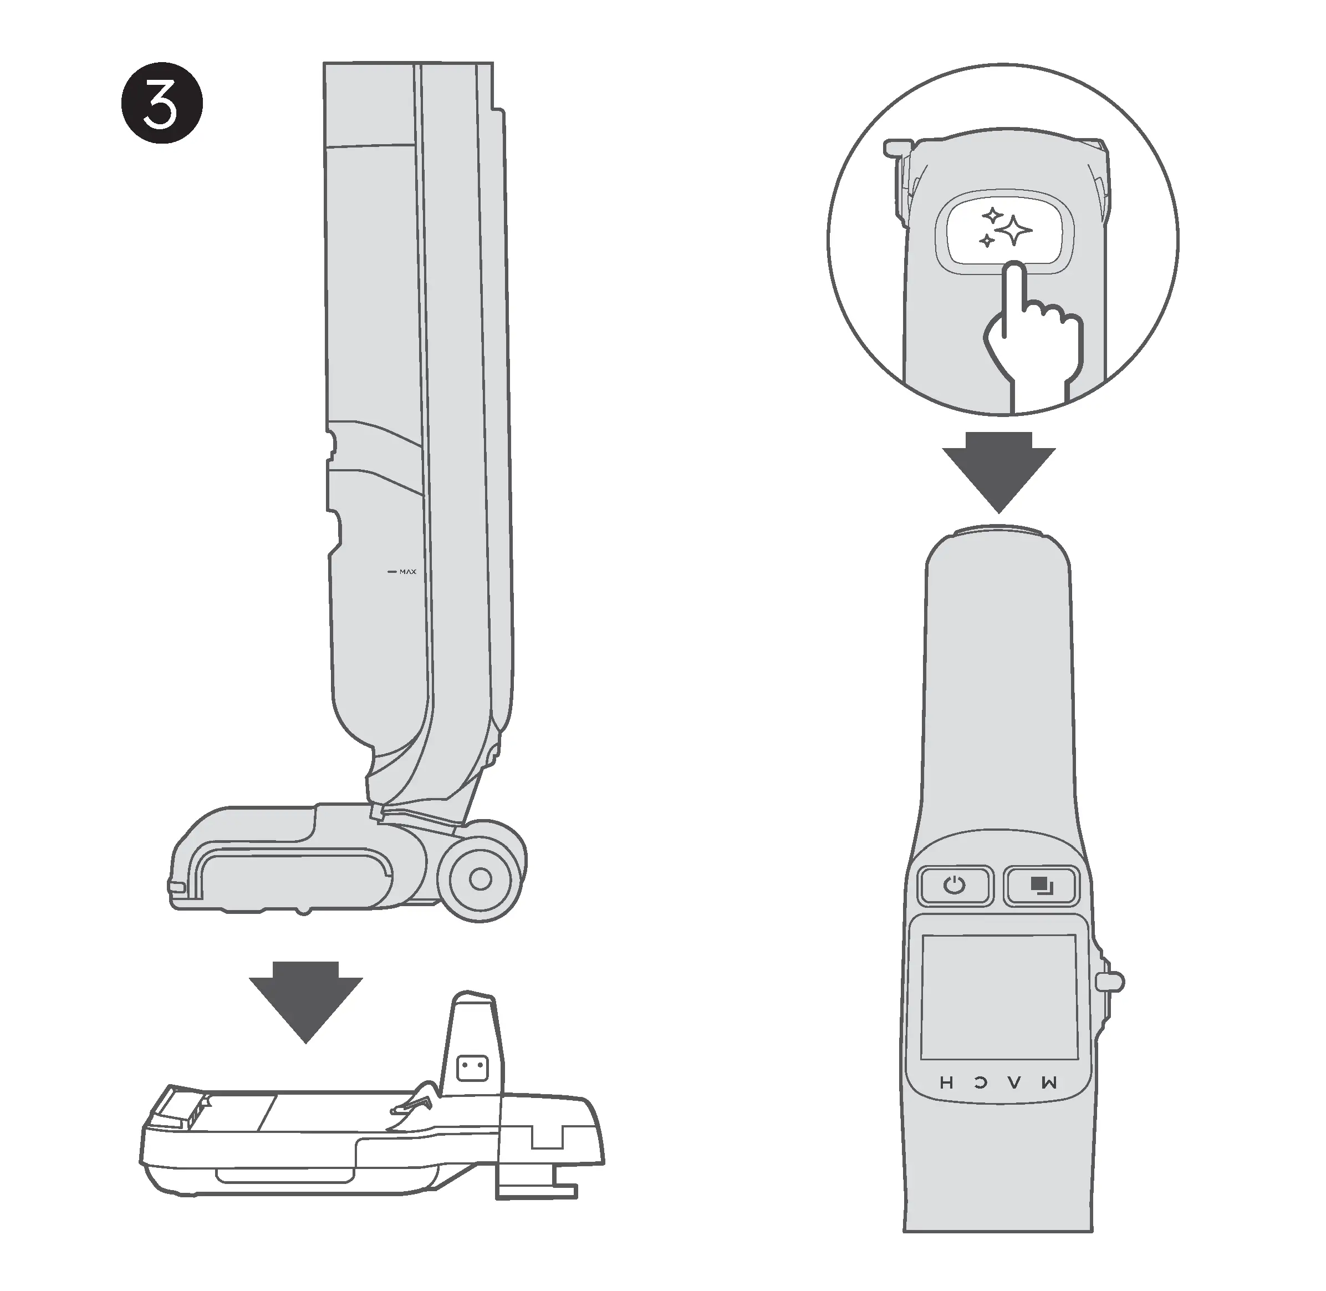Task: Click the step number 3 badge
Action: pyautogui.click(x=161, y=104)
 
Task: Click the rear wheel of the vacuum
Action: pyautogui.click(x=480, y=879)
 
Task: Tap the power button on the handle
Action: pyautogui.click(x=955, y=885)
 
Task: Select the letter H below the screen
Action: pyautogui.click(x=947, y=1083)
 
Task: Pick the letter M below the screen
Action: pyautogui.click(x=1048, y=1083)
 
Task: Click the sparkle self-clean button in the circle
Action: pyautogui.click(x=1004, y=232)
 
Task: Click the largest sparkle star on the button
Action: pyautogui.click(x=1015, y=231)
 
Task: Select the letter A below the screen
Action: pyautogui.click(x=1013, y=1083)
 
